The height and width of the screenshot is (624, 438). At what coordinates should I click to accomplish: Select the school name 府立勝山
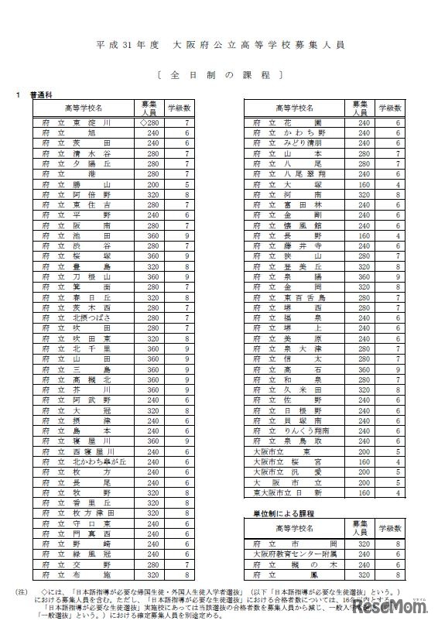[x=82, y=184]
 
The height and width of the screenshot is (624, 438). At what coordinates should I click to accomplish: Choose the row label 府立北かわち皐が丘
[x=82, y=461]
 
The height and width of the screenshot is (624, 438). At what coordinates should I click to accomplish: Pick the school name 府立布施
[x=82, y=574]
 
